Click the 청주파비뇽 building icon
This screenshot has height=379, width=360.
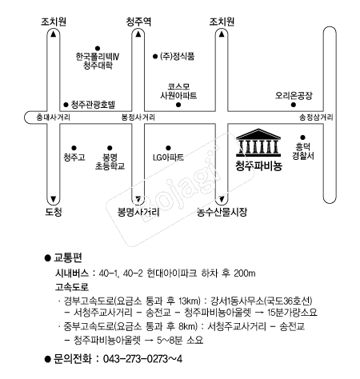tap(258, 142)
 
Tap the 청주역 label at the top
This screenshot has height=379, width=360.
tap(138, 22)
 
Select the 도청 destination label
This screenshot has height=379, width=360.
tap(54, 212)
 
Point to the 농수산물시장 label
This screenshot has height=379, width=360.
tap(222, 212)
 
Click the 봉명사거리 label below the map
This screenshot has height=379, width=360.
tap(138, 212)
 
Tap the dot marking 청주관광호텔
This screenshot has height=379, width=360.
tap(66, 105)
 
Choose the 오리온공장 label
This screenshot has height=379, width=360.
tap(294, 95)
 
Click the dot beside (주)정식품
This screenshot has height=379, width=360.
tap(155, 57)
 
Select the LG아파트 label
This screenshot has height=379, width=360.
tap(168, 158)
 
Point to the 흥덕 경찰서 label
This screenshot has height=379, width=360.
tap(303, 151)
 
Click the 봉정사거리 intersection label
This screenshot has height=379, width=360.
tap(138, 118)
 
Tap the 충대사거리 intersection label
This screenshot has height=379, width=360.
tap(53, 118)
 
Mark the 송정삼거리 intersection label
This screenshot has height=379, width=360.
tap(316, 118)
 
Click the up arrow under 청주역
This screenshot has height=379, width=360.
tap(138, 34)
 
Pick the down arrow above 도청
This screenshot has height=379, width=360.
tap(54, 199)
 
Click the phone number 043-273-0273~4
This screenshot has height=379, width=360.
tap(142, 359)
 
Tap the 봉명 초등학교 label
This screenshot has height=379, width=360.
tap(110, 162)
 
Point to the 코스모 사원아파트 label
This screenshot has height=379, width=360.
tap(178, 91)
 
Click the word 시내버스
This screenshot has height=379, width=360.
tap(72, 273)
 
